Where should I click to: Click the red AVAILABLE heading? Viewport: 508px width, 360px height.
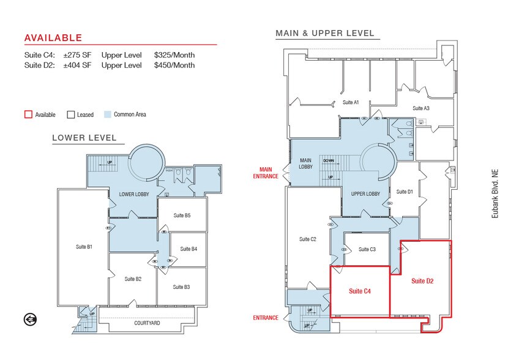[53, 38]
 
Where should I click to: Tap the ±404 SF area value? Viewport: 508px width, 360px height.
[76, 65]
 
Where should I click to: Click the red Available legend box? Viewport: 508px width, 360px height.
[28, 114]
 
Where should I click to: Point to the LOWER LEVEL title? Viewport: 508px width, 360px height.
[88, 138]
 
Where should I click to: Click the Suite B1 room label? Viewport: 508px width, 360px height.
[84, 247]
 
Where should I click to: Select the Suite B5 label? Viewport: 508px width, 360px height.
[182, 215]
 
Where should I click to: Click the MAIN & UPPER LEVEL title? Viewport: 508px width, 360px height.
[325, 33]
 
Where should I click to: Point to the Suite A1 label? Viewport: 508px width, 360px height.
[351, 102]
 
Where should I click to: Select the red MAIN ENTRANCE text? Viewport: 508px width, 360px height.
[266, 173]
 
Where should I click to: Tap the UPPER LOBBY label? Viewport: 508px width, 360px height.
[365, 194]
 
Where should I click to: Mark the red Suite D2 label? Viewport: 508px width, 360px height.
[422, 281]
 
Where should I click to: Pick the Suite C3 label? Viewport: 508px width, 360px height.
[367, 249]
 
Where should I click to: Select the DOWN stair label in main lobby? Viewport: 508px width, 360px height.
[329, 160]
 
